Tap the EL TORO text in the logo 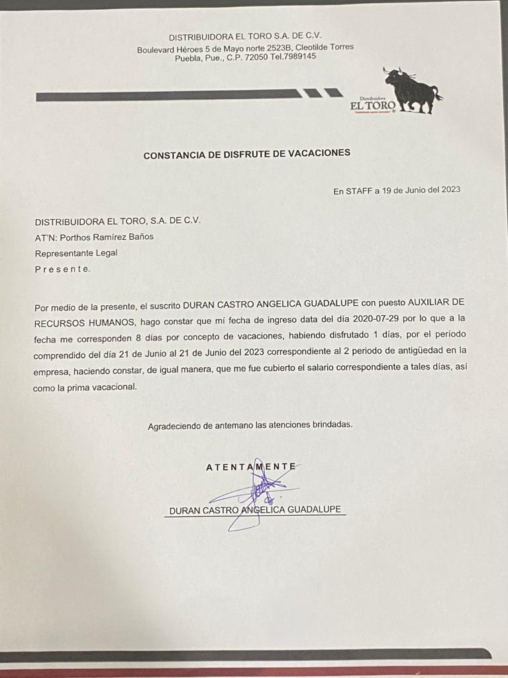click(x=373, y=105)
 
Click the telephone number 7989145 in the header click(x=300, y=57)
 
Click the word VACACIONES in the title click(x=320, y=154)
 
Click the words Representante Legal click(x=76, y=253)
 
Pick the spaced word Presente click(x=62, y=269)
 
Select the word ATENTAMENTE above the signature click(x=250, y=466)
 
